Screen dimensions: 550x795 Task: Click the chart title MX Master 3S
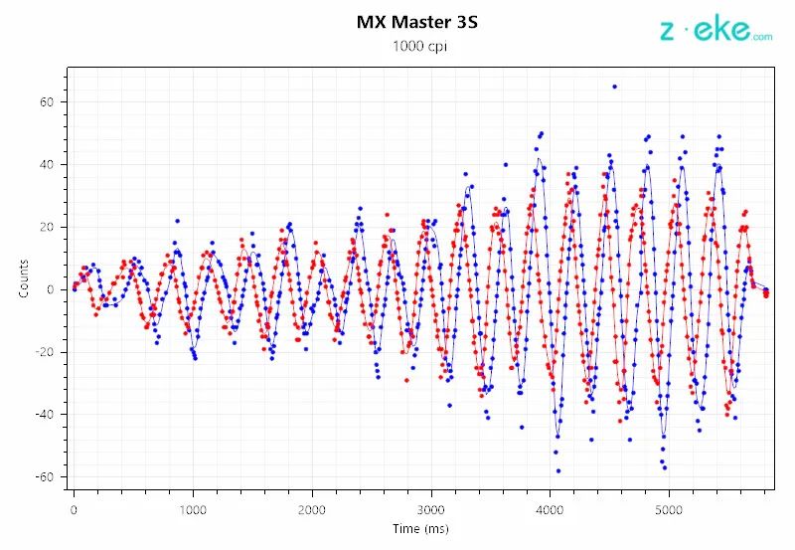click(x=417, y=21)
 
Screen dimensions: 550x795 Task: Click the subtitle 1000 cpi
click(x=417, y=46)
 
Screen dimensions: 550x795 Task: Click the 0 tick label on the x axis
click(x=74, y=509)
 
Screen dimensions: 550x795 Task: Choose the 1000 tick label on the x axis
click(x=193, y=509)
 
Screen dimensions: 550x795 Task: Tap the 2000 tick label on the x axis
click(x=312, y=509)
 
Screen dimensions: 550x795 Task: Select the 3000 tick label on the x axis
click(x=431, y=509)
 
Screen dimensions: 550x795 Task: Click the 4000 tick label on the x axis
click(x=551, y=509)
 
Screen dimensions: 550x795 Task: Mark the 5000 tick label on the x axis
click(x=670, y=509)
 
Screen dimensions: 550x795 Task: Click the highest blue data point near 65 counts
click(x=614, y=87)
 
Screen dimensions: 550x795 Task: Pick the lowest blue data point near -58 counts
click(x=558, y=470)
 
